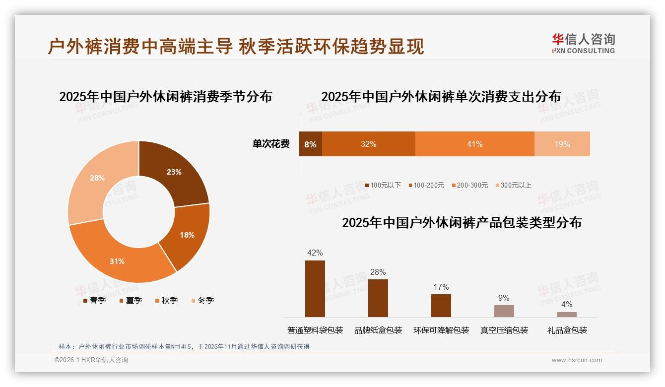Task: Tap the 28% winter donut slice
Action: [97, 178]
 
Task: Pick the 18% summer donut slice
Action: [187, 235]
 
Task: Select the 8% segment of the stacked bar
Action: [310, 144]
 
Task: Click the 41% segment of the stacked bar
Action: [474, 144]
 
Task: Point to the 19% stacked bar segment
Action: [562, 144]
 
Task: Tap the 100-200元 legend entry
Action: [426, 185]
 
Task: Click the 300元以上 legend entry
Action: [513, 185]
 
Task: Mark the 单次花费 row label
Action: [271, 144]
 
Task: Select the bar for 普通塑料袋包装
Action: [315, 289]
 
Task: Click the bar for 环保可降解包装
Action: [441, 306]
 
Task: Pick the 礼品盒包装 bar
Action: [567, 314]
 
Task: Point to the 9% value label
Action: [504, 298]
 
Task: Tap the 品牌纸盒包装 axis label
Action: [378, 330]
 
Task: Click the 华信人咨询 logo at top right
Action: [583, 44]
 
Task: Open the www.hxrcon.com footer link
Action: [577, 360]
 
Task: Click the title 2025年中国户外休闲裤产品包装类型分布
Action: [462, 223]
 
